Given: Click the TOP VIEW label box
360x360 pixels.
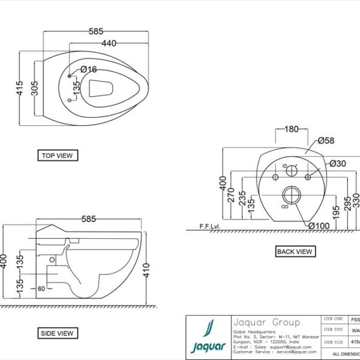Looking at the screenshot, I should click(57, 155).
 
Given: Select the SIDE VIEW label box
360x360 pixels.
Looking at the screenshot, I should click(58, 333).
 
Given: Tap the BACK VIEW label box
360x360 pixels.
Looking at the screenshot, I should click(294, 251).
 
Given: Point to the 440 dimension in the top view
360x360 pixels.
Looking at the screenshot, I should click(108, 43).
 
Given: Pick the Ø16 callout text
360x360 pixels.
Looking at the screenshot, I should click(88, 70).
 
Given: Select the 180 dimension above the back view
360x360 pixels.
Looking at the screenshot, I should click(290, 129).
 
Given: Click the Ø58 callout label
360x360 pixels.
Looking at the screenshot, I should click(326, 140).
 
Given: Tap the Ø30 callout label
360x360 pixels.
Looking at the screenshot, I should click(337, 163).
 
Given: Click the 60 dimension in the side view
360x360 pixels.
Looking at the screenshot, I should click(41, 289).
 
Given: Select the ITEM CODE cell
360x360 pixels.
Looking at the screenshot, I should click(333, 320).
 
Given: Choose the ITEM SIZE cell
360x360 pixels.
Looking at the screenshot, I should click(333, 341).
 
